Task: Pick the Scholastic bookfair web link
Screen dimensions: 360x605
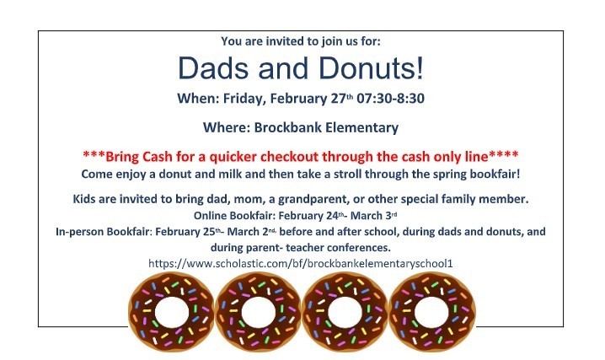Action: [301, 264]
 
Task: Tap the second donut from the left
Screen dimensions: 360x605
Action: [256, 313]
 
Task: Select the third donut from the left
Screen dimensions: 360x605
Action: [345, 313]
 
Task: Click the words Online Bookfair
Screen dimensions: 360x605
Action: [218, 214]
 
